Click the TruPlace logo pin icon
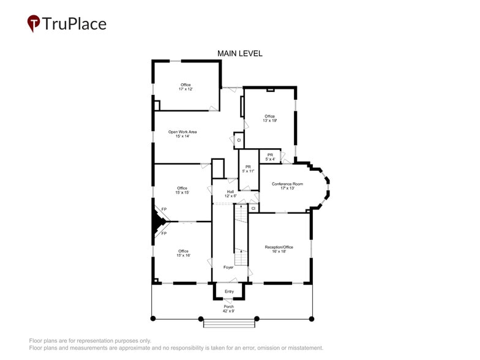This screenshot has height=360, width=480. coord(34,23)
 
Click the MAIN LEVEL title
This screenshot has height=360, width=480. coord(240,54)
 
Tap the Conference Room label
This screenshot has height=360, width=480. coord(287,186)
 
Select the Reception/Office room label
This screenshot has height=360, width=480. coord(279,249)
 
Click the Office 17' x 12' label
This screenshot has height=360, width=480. coord(186,87)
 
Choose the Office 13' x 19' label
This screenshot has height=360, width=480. coord(270,118)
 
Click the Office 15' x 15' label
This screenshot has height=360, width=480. coord(182,190)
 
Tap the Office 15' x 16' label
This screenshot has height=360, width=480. coord(183,253)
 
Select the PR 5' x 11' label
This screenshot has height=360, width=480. coord(248,169)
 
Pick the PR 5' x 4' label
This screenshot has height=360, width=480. coord(270,157)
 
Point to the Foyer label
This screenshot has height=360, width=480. coord(228,268)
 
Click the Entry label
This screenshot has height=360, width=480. coord(229,291)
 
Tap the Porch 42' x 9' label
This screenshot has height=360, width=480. coord(228,309)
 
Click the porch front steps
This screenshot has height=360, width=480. coord(229,323)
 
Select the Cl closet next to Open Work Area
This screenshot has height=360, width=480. coord(239,140)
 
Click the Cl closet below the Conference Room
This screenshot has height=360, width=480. coord(253,208)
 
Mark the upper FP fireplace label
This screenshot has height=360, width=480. coord(164,209)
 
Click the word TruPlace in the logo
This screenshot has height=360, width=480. coord(74,24)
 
